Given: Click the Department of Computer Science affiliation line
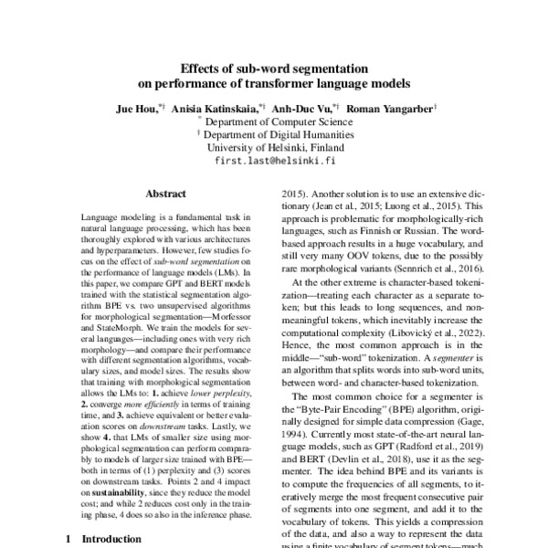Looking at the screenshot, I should [x=278, y=121].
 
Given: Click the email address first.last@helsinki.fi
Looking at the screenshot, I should [x=275, y=159].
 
